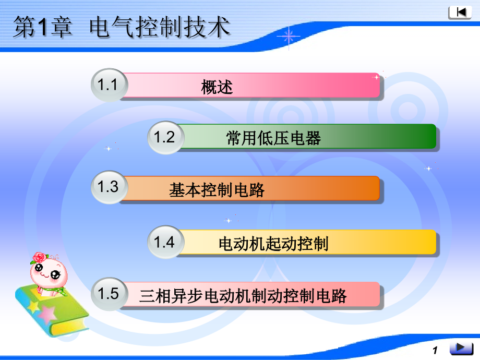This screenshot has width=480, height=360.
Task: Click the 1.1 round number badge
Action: tap(109, 85)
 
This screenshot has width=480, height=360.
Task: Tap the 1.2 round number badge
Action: tap(165, 137)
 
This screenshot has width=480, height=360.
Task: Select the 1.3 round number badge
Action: tap(109, 187)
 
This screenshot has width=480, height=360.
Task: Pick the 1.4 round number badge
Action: tap(165, 242)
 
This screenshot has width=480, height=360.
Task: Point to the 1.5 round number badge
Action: tap(109, 294)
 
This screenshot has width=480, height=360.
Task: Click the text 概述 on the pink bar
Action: tap(217, 87)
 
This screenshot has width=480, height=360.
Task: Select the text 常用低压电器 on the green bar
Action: tap(273, 138)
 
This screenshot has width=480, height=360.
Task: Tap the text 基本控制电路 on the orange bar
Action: tap(217, 190)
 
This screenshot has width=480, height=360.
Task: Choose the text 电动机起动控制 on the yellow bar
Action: tap(273, 244)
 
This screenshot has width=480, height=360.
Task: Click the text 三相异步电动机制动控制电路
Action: tap(243, 296)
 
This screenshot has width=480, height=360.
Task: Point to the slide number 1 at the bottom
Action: tap(435, 351)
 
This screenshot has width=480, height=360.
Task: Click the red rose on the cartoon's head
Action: tap(39, 257)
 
